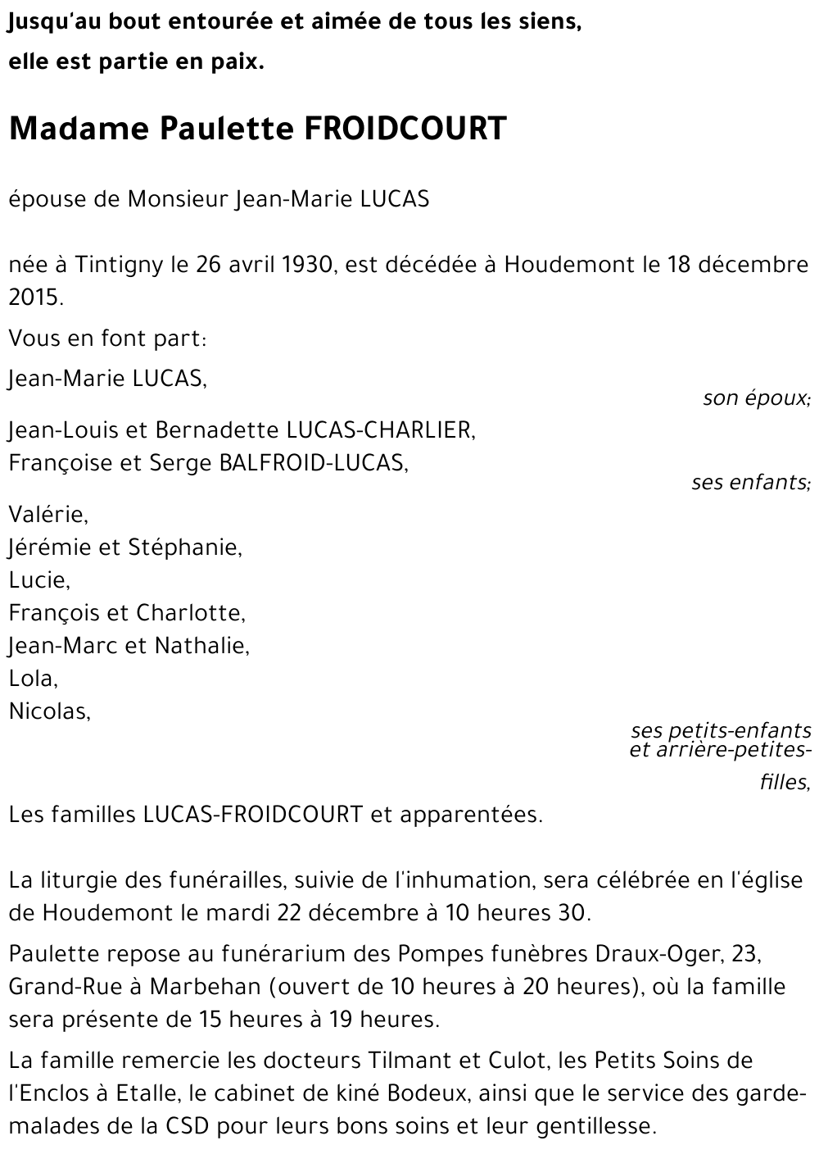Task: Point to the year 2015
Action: click(x=34, y=298)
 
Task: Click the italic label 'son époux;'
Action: click(x=756, y=399)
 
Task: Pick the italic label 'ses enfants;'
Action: click(x=750, y=482)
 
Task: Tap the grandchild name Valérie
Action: click(x=48, y=515)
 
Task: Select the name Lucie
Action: click(x=38, y=580)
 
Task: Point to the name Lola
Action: click(x=32, y=679)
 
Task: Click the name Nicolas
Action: click(x=48, y=711)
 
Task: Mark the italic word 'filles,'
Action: click(x=785, y=783)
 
